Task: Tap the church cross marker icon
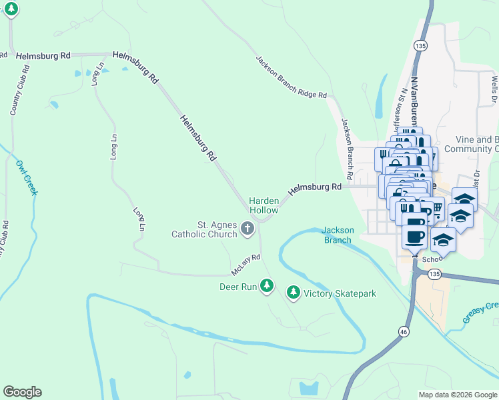click(x=247, y=230)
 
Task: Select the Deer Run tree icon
click(x=267, y=286)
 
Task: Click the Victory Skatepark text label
click(x=340, y=293)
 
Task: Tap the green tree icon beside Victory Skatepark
click(x=293, y=292)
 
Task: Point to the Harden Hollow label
click(x=263, y=205)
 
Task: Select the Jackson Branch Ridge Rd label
click(x=291, y=77)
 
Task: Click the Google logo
click(x=22, y=392)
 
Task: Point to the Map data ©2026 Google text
click(x=458, y=395)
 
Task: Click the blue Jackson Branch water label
click(x=337, y=235)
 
